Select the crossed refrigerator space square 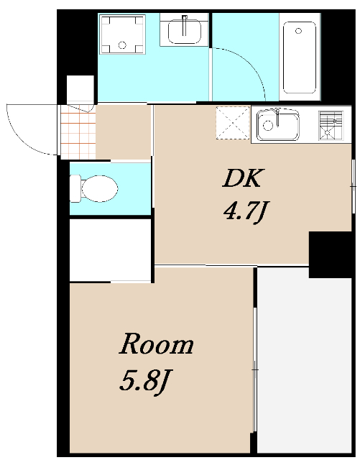pos(233,123)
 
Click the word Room pos(156,344)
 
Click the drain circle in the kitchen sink pos(268,125)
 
